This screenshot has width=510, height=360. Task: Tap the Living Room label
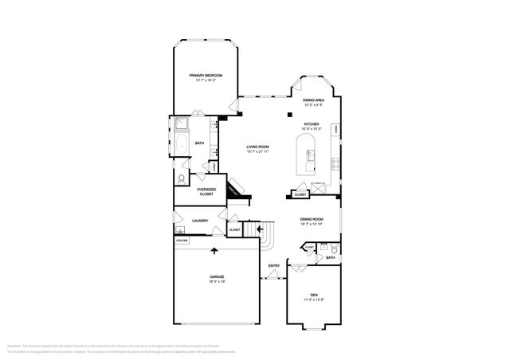257,147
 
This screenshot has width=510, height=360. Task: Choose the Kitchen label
312,124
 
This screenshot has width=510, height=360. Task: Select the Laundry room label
200,221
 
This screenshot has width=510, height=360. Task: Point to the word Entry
273,265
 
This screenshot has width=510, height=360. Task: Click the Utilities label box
182,240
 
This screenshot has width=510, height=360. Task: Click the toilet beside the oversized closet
182,178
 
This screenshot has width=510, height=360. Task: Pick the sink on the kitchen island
311,153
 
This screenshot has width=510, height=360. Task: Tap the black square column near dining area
289,113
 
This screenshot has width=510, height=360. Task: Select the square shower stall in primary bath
180,124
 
